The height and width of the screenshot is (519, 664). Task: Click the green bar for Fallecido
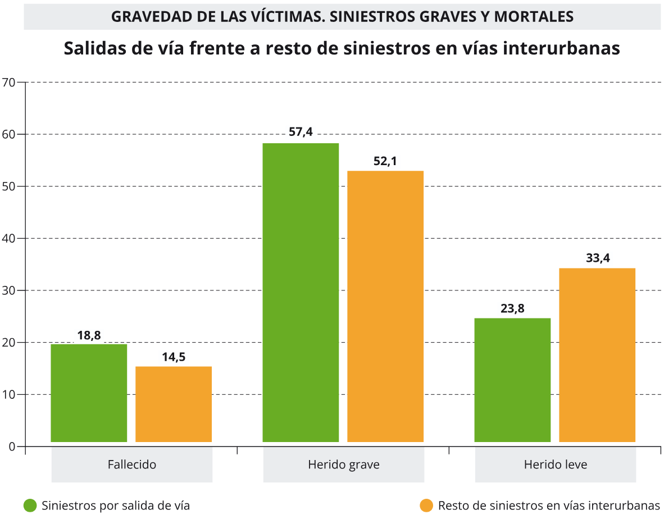coord(89,393)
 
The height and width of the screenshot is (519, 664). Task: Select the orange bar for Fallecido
coord(174,404)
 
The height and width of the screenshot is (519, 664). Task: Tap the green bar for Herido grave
coord(301,293)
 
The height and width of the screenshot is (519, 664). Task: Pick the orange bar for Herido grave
coord(385,306)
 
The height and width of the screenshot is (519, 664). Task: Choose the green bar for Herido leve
coord(512,380)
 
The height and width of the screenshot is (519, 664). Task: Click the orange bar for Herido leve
coord(597,355)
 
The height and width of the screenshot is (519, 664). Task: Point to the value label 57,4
coord(301,133)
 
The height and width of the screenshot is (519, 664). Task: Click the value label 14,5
coord(174,356)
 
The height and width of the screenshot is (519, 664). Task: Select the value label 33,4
coord(598,258)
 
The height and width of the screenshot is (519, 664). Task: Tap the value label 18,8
coord(89,335)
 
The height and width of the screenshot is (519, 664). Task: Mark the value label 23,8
coord(512,308)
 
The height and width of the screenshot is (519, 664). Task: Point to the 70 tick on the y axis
coord(8,83)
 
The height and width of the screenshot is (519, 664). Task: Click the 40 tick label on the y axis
coord(8,239)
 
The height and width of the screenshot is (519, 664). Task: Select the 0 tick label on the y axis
coord(11,447)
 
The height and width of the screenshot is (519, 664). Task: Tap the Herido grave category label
coord(343,465)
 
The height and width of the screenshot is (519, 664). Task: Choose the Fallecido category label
coord(131,465)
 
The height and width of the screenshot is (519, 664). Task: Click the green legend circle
coord(30,506)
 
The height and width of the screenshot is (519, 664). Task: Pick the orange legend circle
coord(427,506)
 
